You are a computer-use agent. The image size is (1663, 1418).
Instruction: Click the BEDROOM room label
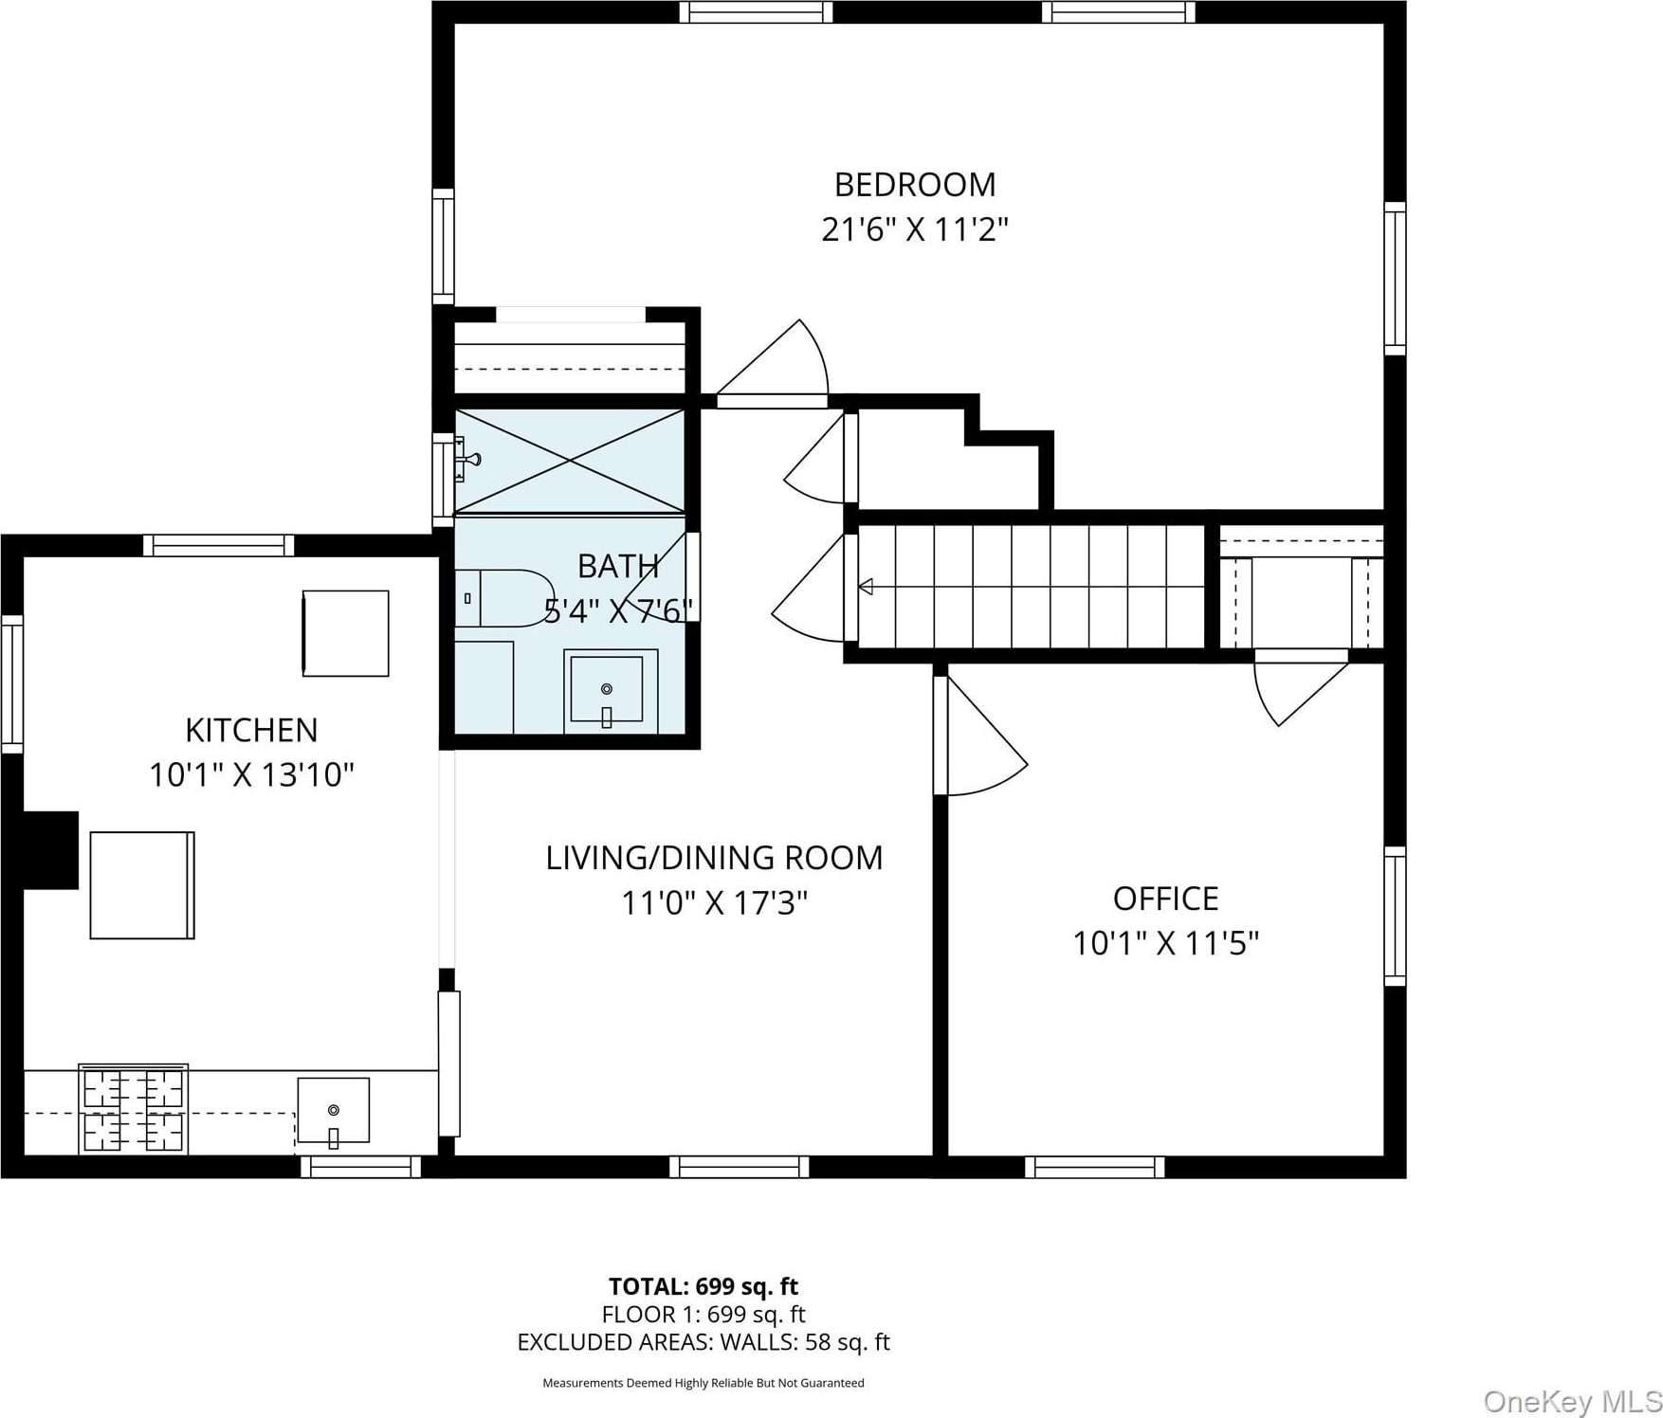click(x=915, y=184)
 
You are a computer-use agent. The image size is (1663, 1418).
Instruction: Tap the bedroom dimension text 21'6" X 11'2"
click(x=915, y=229)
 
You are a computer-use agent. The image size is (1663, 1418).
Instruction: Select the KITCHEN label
click(x=251, y=730)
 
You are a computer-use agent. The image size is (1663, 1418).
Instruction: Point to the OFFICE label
click(x=1165, y=898)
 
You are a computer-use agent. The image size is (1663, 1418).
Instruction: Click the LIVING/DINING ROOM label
click(x=714, y=858)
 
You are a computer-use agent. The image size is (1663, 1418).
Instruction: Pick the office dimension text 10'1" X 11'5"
click(x=1165, y=943)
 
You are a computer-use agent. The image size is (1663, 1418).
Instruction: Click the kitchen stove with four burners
click(x=133, y=1109)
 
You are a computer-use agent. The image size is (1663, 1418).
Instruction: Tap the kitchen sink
click(x=333, y=1111)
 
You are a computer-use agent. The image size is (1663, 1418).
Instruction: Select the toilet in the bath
click(x=503, y=598)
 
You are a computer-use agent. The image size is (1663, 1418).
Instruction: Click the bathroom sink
click(x=607, y=691)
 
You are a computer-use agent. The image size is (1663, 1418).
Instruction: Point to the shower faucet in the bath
click(x=467, y=459)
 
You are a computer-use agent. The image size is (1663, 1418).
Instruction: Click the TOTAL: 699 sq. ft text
click(x=704, y=1286)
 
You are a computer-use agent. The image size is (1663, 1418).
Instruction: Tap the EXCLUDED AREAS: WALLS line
click(x=704, y=1342)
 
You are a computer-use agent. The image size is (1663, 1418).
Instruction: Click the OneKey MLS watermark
click(x=1572, y=1401)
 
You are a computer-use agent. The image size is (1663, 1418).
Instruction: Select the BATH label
click(x=618, y=566)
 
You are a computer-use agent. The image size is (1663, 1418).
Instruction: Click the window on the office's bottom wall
click(x=1095, y=1167)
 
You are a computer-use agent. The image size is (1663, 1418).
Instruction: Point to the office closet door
click(x=1301, y=687)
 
